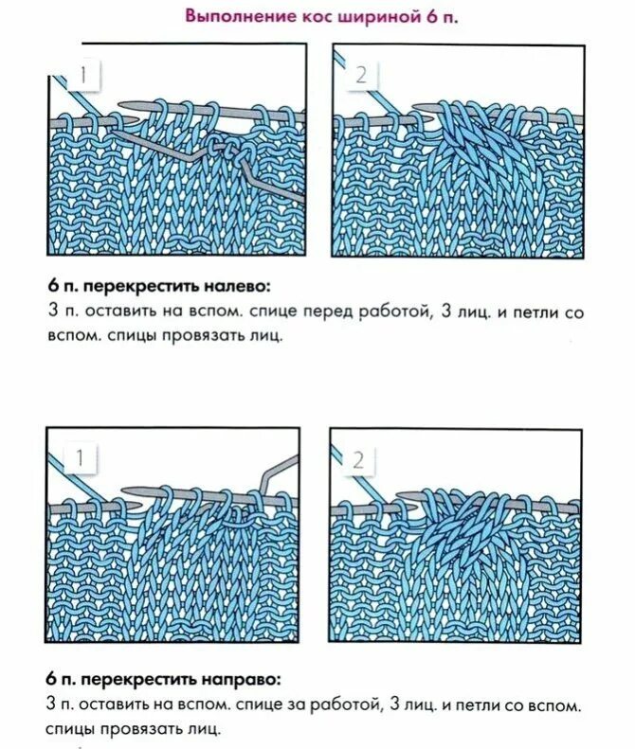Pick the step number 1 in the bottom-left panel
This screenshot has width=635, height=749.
click(x=82, y=458)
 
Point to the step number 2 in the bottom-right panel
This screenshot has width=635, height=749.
click(x=358, y=460)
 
